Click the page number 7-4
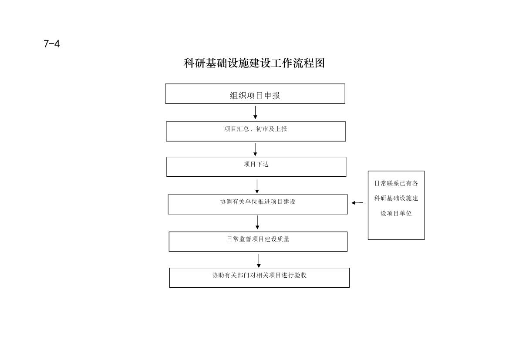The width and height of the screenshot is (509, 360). [52, 44]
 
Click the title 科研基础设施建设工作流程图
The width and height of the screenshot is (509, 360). [254, 63]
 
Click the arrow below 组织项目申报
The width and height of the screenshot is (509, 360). [255, 112]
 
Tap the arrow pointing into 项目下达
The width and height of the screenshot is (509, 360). [255, 149]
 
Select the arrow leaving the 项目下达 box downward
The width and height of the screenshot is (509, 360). [257, 186]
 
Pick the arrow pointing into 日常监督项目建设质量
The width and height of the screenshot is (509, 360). [257, 222]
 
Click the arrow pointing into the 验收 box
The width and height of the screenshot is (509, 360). [259, 261]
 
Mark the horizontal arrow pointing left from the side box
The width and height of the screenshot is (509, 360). [357, 203]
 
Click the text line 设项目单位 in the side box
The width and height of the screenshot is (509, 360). [396, 213]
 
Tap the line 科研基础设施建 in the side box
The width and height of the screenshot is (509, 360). [396, 198]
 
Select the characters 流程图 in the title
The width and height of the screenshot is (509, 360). [309, 63]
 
